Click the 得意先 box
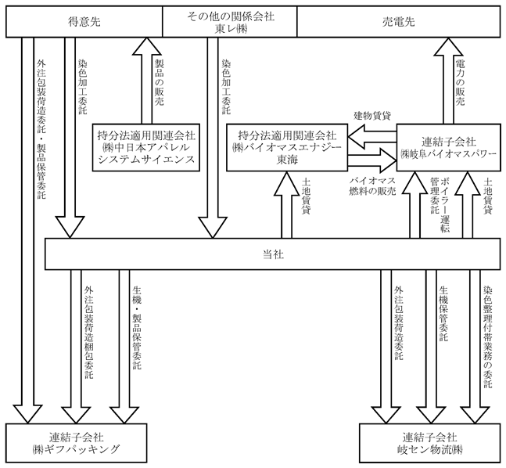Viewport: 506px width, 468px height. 84,22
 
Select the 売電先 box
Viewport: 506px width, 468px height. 399,22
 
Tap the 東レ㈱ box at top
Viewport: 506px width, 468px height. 230,22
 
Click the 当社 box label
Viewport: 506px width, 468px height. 273,254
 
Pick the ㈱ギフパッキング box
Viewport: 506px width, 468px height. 77,443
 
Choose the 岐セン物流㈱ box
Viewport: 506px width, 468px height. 430,443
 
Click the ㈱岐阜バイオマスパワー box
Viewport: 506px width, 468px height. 449,147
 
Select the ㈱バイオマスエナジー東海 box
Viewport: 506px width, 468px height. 287,147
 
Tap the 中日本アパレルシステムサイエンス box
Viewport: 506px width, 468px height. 146,147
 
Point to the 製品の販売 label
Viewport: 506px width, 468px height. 160,82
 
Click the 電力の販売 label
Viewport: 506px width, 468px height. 460,82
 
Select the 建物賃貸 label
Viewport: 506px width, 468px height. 373,116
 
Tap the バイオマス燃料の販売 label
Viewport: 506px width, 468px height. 373,185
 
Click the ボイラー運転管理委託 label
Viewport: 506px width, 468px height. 440,204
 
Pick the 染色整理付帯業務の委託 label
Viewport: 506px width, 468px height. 487,337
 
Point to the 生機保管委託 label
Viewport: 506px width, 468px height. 443,313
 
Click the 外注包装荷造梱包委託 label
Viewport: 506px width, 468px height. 88,332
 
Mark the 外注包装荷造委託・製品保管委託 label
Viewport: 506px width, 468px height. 41,129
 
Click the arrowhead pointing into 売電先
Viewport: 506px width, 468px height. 448,46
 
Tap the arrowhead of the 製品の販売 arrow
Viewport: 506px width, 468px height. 147,46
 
